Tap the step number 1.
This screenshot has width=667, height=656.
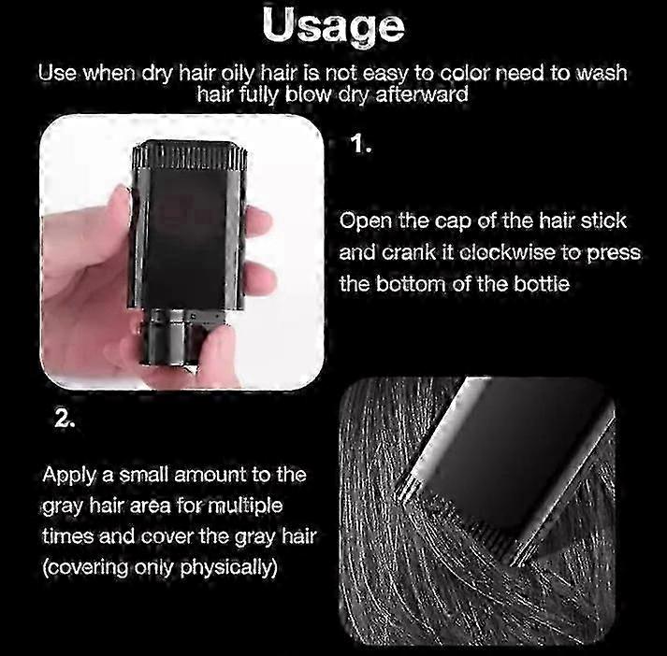(361, 144)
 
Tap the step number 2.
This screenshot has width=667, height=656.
(65, 420)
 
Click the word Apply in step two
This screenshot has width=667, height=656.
(69, 476)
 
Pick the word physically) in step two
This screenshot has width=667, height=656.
(229, 567)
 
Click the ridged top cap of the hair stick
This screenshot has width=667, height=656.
(190, 155)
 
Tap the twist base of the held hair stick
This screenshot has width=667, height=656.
(170, 336)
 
